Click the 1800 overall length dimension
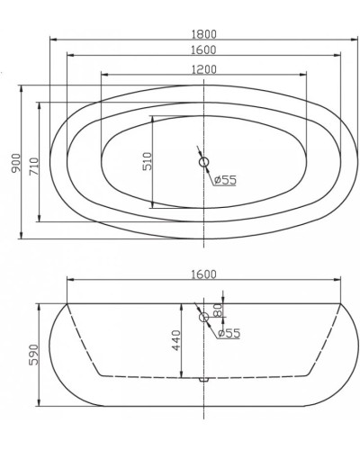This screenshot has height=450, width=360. click(x=206, y=33)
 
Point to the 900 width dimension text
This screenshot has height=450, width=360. click(x=12, y=162)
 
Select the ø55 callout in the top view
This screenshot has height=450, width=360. click(x=225, y=180)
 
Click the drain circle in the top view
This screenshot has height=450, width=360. click(x=204, y=163)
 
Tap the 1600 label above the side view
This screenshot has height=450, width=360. click(x=206, y=274)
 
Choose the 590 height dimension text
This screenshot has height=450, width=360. click(x=33, y=354)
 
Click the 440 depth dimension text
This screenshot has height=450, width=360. click(x=176, y=341)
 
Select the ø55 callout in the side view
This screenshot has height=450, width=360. click(x=229, y=333)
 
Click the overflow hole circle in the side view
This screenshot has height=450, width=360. click(x=204, y=317)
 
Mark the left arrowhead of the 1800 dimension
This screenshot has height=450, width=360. click(x=52, y=40)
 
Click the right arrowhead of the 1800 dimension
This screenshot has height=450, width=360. click(x=357, y=40)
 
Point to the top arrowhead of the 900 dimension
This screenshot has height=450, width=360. click(x=20, y=87)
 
